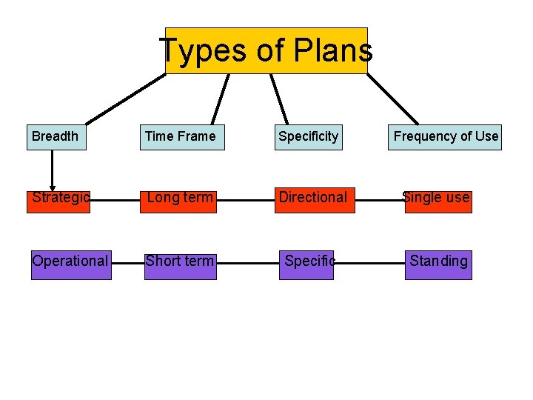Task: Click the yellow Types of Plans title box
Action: tap(266, 50)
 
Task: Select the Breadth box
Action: tap(56, 137)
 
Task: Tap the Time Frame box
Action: tap(182, 137)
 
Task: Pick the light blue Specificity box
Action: tap(309, 137)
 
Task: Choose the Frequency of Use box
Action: tap(445, 137)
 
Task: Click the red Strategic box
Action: tap(58, 199)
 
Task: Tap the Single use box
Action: tap(438, 199)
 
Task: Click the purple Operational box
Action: tap(71, 262)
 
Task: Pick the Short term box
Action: tap(181, 262)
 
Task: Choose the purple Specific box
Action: tap(306, 262)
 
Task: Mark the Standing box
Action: tap(438, 262)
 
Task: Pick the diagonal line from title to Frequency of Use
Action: tap(392, 99)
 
